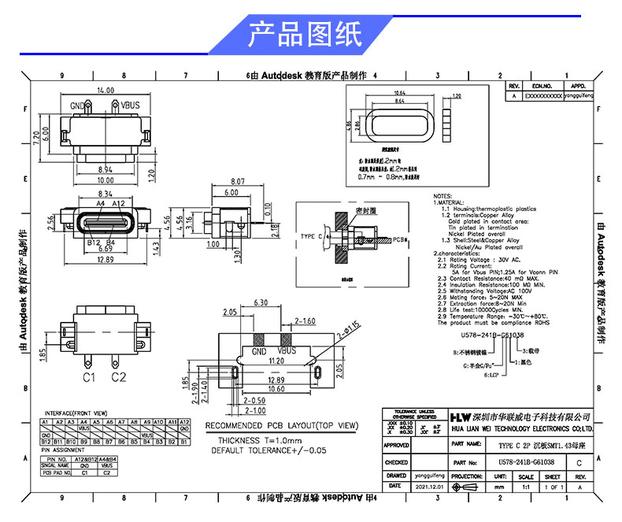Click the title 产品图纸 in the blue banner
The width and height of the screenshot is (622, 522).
click(305, 35)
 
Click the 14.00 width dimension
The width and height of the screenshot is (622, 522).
click(105, 91)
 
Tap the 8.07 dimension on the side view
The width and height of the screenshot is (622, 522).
click(238, 182)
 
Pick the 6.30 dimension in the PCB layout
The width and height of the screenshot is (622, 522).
click(262, 302)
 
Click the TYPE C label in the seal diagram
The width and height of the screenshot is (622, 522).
click(310, 236)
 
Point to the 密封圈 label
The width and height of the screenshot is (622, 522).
click(365, 211)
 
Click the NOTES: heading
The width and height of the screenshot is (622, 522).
click(442, 196)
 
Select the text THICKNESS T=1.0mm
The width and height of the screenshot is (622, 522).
click(257, 439)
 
